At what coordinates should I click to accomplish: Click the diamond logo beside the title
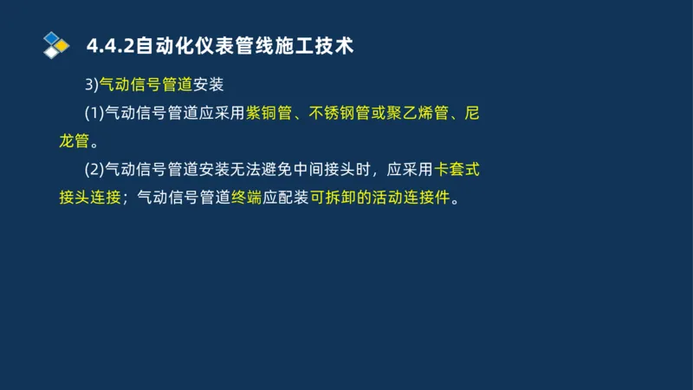56,45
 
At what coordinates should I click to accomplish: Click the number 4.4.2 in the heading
106,45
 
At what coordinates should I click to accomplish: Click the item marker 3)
91,84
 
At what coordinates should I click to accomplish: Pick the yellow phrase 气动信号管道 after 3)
146,84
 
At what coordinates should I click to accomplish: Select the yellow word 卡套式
457,169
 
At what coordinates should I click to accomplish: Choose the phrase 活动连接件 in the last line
417,197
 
